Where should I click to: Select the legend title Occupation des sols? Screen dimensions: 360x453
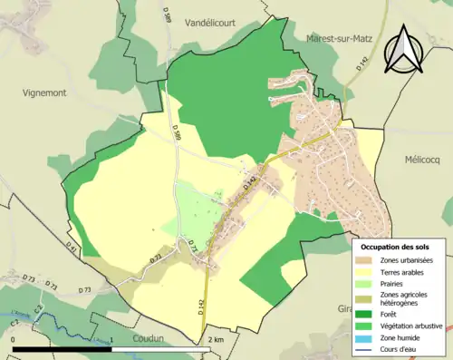[395, 247]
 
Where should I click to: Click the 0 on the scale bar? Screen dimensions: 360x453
[15, 340]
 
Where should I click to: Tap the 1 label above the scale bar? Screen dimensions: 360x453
[111, 340]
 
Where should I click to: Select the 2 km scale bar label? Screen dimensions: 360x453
[214, 340]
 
